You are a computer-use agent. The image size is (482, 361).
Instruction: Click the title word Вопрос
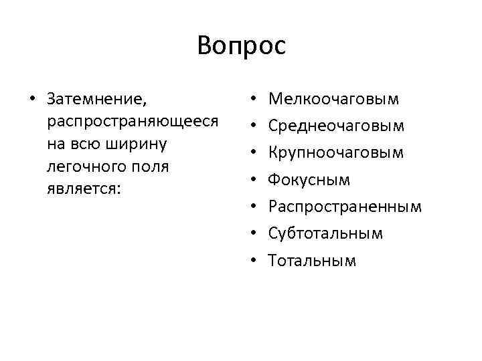241,45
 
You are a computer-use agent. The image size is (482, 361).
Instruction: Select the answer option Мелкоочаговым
333,100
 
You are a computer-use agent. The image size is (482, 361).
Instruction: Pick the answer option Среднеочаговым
336,126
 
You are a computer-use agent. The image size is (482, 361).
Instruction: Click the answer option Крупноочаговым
335,153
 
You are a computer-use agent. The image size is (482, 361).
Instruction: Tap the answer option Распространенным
345,207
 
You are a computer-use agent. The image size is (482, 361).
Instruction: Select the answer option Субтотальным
325,233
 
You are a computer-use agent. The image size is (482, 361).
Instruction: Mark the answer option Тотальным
312,260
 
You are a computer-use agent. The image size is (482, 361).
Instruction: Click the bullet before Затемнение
31,100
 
